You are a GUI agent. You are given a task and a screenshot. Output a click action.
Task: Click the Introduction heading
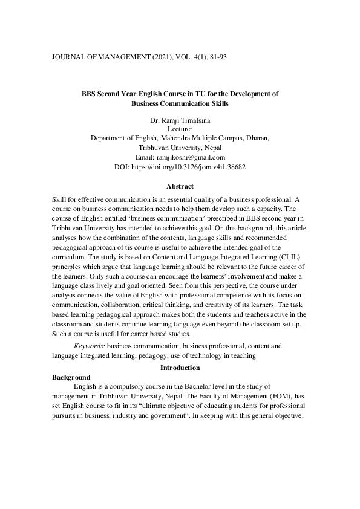(x=180, y=368)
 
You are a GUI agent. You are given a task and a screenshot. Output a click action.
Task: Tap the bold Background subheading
(x=71, y=377)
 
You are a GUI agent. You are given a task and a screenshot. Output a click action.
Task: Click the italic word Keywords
(x=89, y=346)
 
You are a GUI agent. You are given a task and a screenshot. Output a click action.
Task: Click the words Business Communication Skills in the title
(x=180, y=103)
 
